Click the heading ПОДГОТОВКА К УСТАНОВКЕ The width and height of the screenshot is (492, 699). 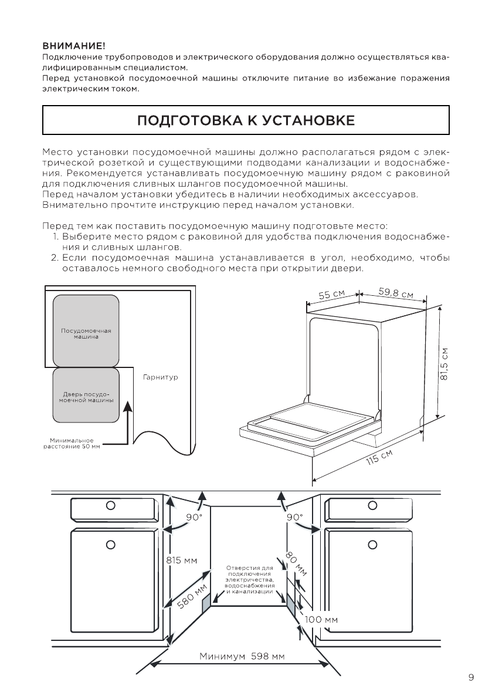pyautogui.click(x=246, y=121)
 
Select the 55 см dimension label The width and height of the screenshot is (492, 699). pyautogui.click(x=331, y=294)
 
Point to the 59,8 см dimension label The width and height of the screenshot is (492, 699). pyautogui.click(x=396, y=293)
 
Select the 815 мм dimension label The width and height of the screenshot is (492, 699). pyautogui.click(x=182, y=560)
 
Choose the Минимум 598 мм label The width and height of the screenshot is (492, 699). pyautogui.click(x=242, y=656)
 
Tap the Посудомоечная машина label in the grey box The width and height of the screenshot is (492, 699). pyautogui.click(x=86, y=333)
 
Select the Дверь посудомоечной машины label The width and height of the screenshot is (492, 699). pyautogui.click(x=86, y=397)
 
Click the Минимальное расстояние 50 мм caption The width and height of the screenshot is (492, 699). pyautogui.click(x=72, y=443)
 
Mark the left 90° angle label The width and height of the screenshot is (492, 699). pyautogui.click(x=194, y=517)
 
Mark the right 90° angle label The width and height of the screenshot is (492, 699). pyautogui.click(x=294, y=517)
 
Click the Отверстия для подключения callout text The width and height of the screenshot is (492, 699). pyautogui.click(x=250, y=580)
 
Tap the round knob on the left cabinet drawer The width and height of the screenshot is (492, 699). pyautogui.click(x=110, y=506)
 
